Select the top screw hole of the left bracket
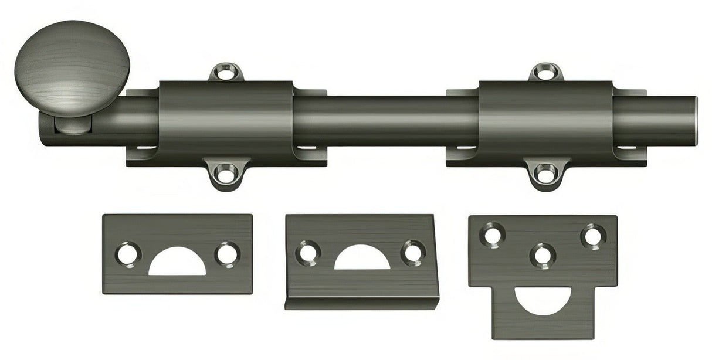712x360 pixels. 225,73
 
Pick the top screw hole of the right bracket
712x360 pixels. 545,73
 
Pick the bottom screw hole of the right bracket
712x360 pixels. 545,172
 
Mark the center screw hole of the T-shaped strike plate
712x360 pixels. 543,255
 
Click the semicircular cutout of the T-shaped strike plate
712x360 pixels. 543,298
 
